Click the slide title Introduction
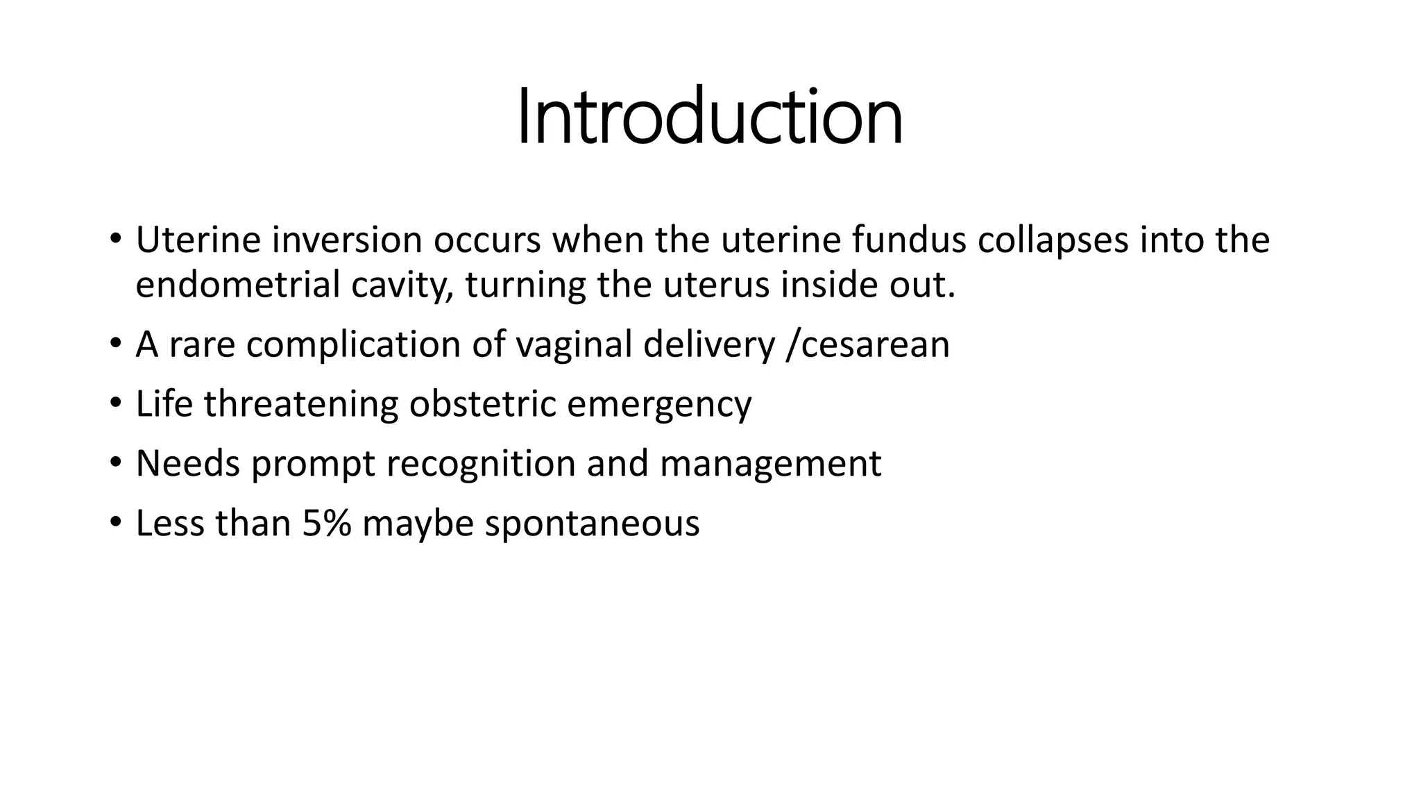point(710,117)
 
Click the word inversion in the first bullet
point(347,240)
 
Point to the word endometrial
point(237,285)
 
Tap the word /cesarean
point(867,344)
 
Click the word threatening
point(301,405)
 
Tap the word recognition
point(481,465)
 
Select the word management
point(770,465)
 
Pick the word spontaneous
point(592,524)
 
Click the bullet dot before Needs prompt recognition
point(115,462)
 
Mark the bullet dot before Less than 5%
point(115,522)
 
